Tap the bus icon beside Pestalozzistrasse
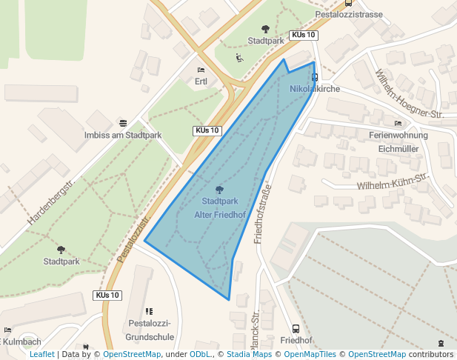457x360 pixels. click(x=348, y=3)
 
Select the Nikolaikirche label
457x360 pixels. click(x=315, y=89)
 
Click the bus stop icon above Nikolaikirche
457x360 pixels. click(x=315, y=76)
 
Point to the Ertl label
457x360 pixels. click(x=201, y=81)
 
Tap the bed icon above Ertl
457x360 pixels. click(x=201, y=70)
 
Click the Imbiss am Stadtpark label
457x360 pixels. click(x=123, y=136)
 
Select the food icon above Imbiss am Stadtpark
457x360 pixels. click(x=123, y=123)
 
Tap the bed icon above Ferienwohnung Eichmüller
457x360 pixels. click(x=398, y=123)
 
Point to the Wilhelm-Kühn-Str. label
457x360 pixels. click(x=393, y=182)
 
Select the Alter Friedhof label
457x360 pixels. click(x=219, y=215)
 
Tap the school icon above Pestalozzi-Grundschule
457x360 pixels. click(x=149, y=312)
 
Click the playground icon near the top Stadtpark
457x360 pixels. click(x=239, y=58)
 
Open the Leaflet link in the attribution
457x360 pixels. click(x=41, y=355)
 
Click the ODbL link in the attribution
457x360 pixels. click(x=200, y=355)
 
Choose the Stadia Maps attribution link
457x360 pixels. click(x=252, y=355)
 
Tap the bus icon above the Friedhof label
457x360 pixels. click(x=296, y=329)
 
